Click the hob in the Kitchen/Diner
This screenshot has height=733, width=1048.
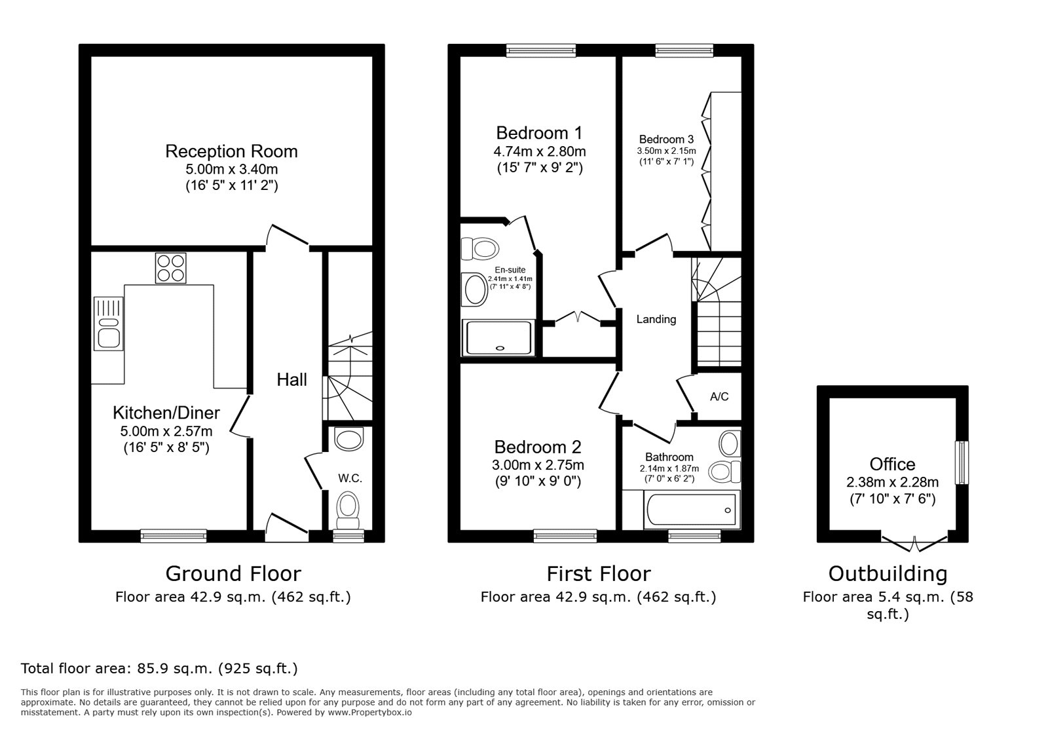[170, 268]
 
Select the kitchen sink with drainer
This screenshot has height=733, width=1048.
[108, 324]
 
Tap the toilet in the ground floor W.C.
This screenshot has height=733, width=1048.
[348, 510]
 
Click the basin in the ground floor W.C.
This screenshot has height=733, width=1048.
[348, 438]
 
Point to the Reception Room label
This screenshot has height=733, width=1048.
[231, 151]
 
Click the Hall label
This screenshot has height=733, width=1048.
[291, 380]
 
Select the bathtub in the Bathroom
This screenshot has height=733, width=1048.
[690, 510]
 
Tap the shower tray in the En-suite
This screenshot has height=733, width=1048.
[499, 337]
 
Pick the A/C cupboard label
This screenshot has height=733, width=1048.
[719, 397]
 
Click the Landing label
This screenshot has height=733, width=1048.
[656, 320]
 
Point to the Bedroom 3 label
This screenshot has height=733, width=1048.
[666, 140]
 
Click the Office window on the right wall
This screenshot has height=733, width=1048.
[961, 462]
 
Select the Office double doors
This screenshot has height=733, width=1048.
[914, 542]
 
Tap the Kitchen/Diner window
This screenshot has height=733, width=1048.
[174, 536]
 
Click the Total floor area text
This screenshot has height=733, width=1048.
[159, 669]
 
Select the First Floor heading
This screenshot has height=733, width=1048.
[598, 574]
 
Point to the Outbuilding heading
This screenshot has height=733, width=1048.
[888, 574]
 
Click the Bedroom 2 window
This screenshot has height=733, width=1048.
[565, 536]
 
